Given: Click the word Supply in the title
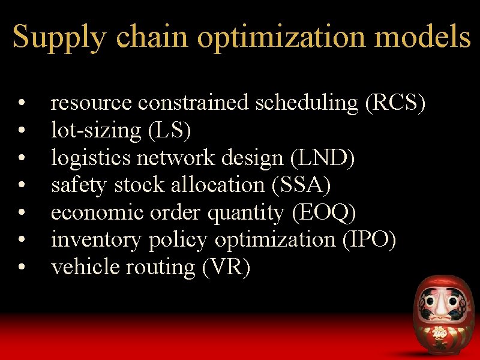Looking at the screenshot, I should tap(59, 37).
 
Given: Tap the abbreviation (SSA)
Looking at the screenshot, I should tap(301, 185).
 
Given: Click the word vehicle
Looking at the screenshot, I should tap(85, 268).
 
